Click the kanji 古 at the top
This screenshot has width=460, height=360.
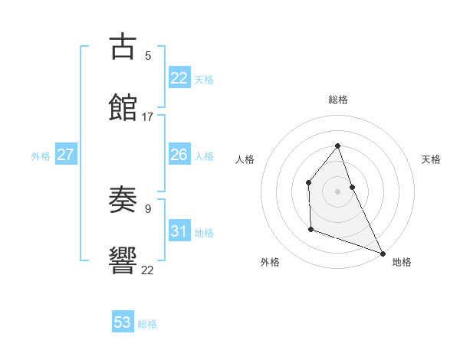coord(123,47)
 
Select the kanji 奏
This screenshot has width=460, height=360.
coord(123,200)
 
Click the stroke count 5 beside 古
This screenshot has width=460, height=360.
coord(148,55)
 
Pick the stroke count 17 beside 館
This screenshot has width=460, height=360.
coord(148,116)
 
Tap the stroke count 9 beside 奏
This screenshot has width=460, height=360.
coord(148,208)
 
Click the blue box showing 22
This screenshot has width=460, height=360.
coord(179,78)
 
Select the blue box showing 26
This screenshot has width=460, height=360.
coord(179,155)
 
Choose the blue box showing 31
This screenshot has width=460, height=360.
coord(179,231)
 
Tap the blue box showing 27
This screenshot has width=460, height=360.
coord(66,155)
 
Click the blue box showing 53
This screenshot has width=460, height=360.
coord(123,322)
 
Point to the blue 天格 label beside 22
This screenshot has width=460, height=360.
coord(204,80)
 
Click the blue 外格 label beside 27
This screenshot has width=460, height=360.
coord(41,156)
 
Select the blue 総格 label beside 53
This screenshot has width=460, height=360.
coord(147,324)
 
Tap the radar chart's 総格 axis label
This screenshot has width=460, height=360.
coord(338,100)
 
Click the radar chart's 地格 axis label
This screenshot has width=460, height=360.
coord(402,262)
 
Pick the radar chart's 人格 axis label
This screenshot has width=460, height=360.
coord(245,159)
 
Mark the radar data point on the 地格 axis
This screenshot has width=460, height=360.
coord(382,253)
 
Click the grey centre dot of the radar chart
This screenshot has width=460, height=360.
coord(337,191)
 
